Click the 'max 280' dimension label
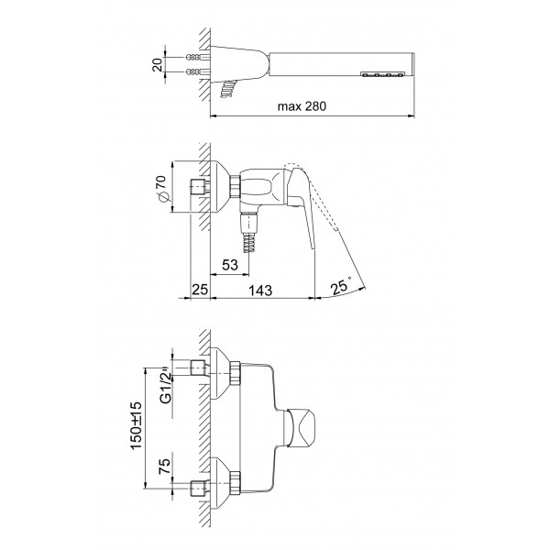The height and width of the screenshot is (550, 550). click(x=302, y=106)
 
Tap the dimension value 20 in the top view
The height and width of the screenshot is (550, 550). click(x=158, y=65)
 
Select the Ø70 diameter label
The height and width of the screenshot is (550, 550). click(x=161, y=188)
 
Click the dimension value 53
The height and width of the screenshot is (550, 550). click(x=230, y=265)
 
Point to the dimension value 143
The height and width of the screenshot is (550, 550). click(x=260, y=291)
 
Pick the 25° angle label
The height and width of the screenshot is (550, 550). click(x=341, y=286)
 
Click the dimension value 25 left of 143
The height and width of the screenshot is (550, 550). click(x=200, y=290)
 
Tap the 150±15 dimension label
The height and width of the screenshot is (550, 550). click(x=136, y=425)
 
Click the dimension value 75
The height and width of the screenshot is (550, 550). click(x=165, y=467)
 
